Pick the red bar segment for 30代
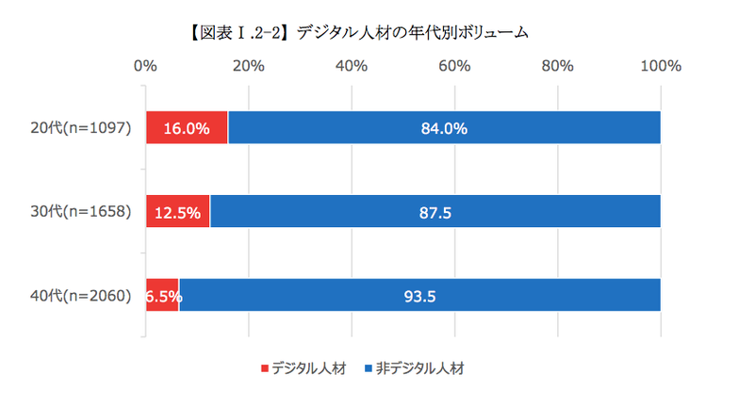pos(177,212)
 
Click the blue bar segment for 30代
pos(434,212)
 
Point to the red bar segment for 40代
pos(162,295)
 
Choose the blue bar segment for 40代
pos(419,295)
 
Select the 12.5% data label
pos(177,213)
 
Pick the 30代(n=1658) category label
pos(82,212)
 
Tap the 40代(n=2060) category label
pos(82,295)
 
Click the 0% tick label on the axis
pos(145,66)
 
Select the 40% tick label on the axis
pos(352,66)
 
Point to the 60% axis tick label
pos(454,66)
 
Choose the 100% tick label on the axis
pos(660,66)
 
